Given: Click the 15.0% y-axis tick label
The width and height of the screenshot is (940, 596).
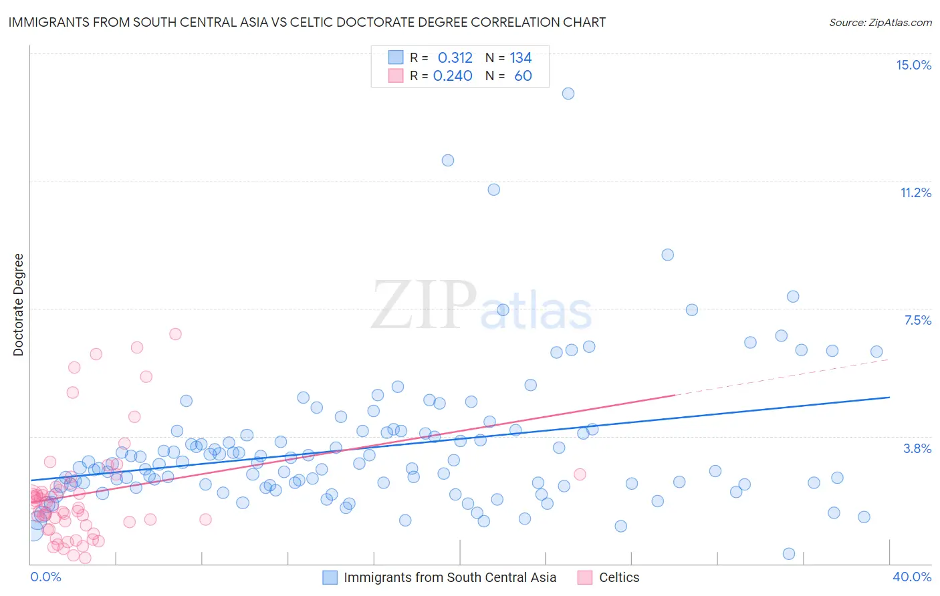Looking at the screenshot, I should click(x=913, y=65).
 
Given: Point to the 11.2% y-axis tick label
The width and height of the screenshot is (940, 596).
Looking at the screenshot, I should click(x=915, y=192).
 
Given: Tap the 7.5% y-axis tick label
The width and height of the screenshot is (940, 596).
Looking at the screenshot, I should click(x=917, y=320).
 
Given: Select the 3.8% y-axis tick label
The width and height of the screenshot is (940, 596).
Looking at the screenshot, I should click(x=917, y=448).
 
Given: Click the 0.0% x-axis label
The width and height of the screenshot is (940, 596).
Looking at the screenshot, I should click(x=45, y=577).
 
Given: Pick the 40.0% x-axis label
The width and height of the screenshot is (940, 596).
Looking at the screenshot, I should click(x=911, y=577).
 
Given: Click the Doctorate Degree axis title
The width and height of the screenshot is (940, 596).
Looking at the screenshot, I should click(x=19, y=305).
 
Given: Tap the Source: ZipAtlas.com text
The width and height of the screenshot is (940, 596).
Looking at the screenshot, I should click(x=880, y=22).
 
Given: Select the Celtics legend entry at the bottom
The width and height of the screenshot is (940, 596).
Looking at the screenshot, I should click(x=618, y=577).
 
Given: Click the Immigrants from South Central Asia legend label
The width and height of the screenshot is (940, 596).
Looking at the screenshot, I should click(x=449, y=577).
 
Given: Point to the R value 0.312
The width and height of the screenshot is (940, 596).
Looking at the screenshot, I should click(x=455, y=57).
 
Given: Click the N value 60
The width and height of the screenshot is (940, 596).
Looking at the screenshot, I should click(x=523, y=76).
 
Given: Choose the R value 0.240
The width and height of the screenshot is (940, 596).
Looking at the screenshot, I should click(x=453, y=76).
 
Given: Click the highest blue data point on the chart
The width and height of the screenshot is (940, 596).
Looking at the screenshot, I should click(x=568, y=94).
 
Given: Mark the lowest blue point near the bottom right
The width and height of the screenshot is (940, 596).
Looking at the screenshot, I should click(x=789, y=554).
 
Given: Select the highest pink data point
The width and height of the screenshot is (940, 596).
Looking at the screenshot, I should click(x=175, y=334).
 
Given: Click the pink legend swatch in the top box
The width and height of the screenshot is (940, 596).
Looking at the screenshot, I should click(x=396, y=76).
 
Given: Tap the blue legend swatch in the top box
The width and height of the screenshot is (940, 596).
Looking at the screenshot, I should click(x=396, y=57).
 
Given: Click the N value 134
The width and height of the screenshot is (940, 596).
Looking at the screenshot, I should click(x=521, y=57).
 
